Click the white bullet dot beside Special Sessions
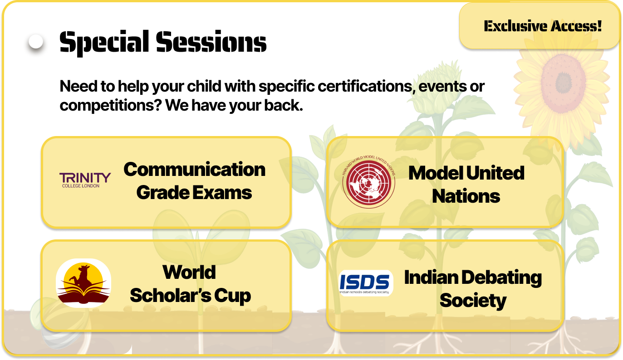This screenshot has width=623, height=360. click(x=36, y=42)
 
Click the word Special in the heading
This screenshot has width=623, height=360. click(x=104, y=43)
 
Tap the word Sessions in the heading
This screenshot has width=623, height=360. click(x=211, y=42)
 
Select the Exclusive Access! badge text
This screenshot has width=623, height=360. click(x=543, y=26)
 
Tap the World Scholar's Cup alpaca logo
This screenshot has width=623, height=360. click(x=83, y=283)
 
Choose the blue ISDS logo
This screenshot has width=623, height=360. click(x=366, y=283)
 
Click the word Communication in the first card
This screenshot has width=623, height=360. click(x=194, y=169)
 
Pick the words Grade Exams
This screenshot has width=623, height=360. click(x=194, y=193)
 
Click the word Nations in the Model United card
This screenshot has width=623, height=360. click(x=466, y=196)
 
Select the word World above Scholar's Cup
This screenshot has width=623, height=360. click(x=189, y=272)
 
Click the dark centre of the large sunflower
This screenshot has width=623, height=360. click(x=564, y=82)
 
